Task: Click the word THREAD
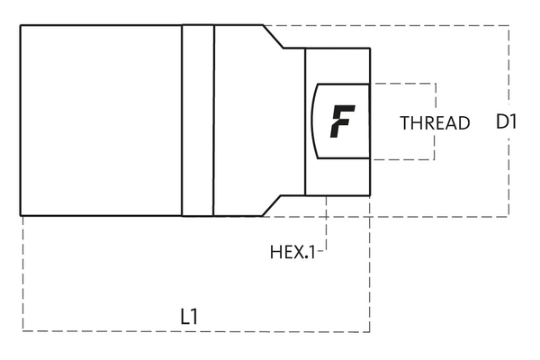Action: tap(435, 123)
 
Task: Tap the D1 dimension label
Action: tap(506, 121)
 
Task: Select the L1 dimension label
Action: tap(189, 316)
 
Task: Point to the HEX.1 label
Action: tap(292, 252)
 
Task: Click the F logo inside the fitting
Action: tap(342, 121)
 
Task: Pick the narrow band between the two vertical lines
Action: tap(198, 120)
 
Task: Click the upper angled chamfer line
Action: tap(274, 36)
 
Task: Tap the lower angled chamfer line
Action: tap(274, 205)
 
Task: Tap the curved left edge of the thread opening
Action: tap(311, 121)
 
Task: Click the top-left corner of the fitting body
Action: tap(21, 25)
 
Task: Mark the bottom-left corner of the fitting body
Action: tap(21, 215)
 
